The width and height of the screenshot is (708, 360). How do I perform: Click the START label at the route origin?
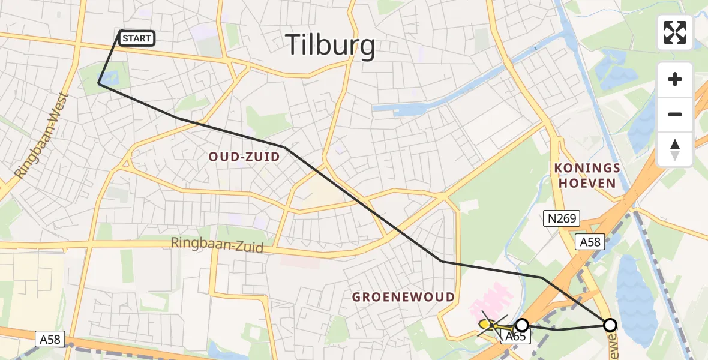[x=137, y=39]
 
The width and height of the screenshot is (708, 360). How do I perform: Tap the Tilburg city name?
[x=330, y=45]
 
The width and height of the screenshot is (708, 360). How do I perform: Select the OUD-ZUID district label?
[x=244, y=157]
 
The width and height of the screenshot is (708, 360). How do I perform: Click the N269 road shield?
[x=562, y=219]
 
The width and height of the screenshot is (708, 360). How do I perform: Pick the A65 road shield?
[x=515, y=337]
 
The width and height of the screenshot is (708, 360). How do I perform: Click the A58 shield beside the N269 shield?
[x=590, y=241]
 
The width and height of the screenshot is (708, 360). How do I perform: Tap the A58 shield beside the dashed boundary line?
[x=50, y=340]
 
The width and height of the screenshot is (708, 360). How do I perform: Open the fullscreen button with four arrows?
[x=675, y=32]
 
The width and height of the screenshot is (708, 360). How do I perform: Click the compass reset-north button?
[x=675, y=148]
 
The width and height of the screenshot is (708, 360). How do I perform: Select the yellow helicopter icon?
[x=488, y=325]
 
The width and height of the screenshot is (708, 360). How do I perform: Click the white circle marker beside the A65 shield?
[x=522, y=325]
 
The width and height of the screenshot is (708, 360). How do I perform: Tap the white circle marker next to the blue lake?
[x=610, y=325]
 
